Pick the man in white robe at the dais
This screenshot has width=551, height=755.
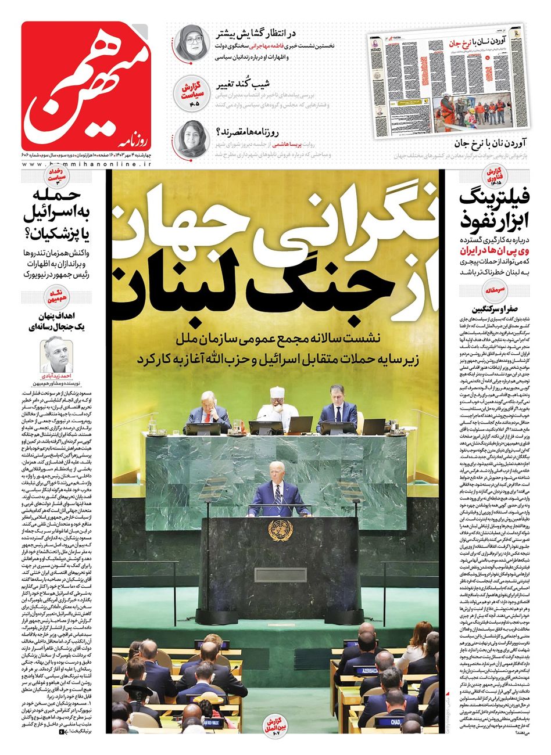tap(277, 406)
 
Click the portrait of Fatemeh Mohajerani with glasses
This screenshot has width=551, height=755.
tap(191, 44)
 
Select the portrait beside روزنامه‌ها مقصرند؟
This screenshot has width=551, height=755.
tap(191, 138)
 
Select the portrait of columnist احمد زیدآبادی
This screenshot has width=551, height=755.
tap(56, 354)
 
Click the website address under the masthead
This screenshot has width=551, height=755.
tap(87, 165)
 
